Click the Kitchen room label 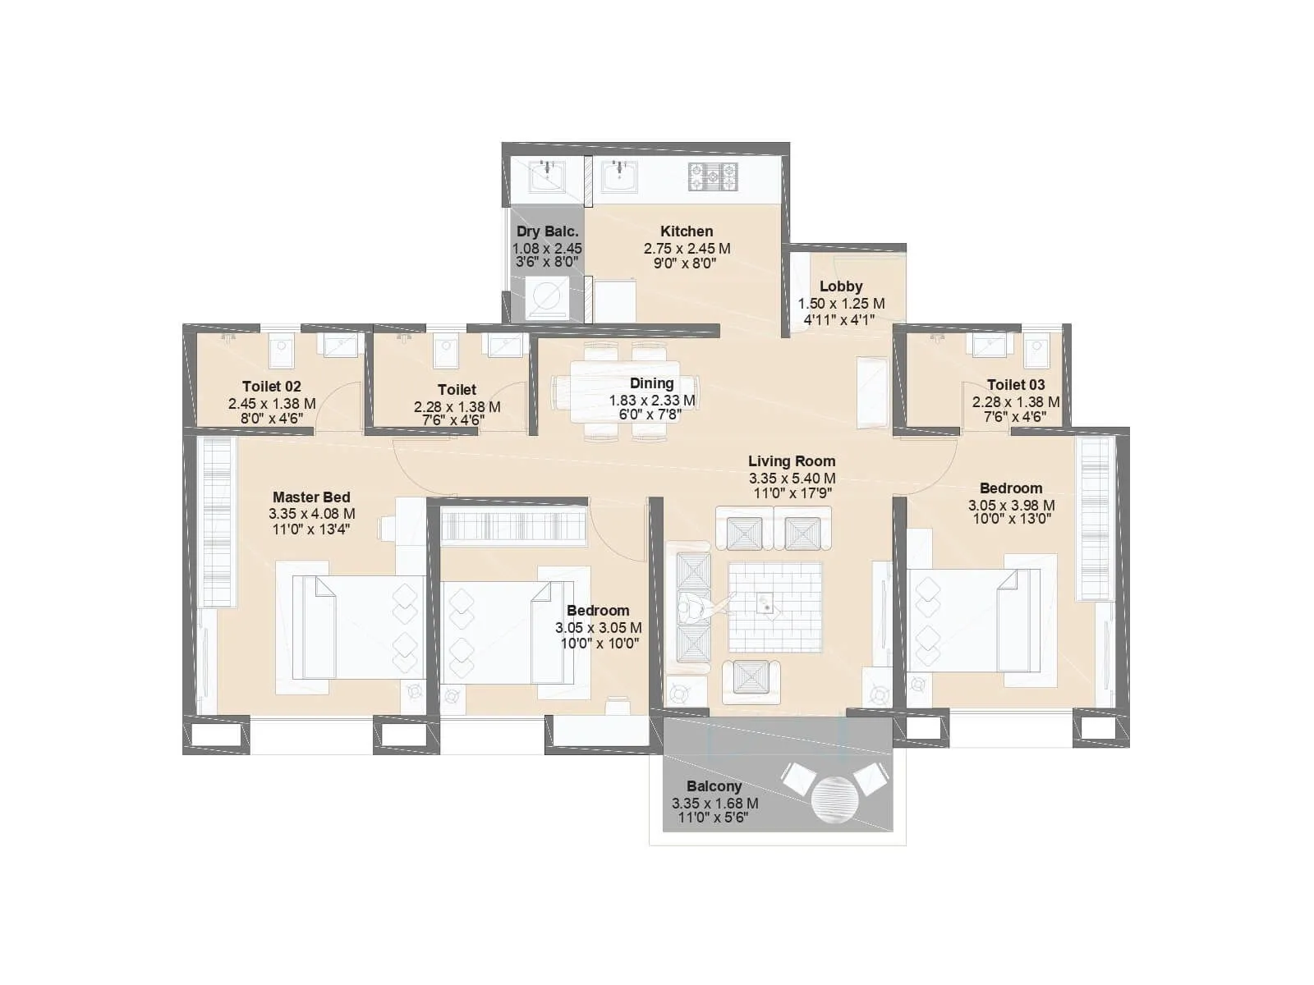[x=686, y=231]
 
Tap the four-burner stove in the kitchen [x=712, y=176]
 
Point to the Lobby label [x=841, y=286]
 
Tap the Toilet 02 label [x=271, y=387]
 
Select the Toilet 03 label [x=1015, y=385]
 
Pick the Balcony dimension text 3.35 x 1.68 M [x=714, y=804]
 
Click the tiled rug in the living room [x=774, y=607]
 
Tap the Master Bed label [x=311, y=497]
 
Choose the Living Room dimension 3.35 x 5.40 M [x=792, y=479]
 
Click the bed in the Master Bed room [x=358, y=626]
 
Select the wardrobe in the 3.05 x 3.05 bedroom [x=513, y=525]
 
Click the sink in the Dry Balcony [x=545, y=176]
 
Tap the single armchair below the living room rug [x=751, y=680]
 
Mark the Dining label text [x=651, y=383]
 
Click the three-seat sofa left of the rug [x=691, y=607]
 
